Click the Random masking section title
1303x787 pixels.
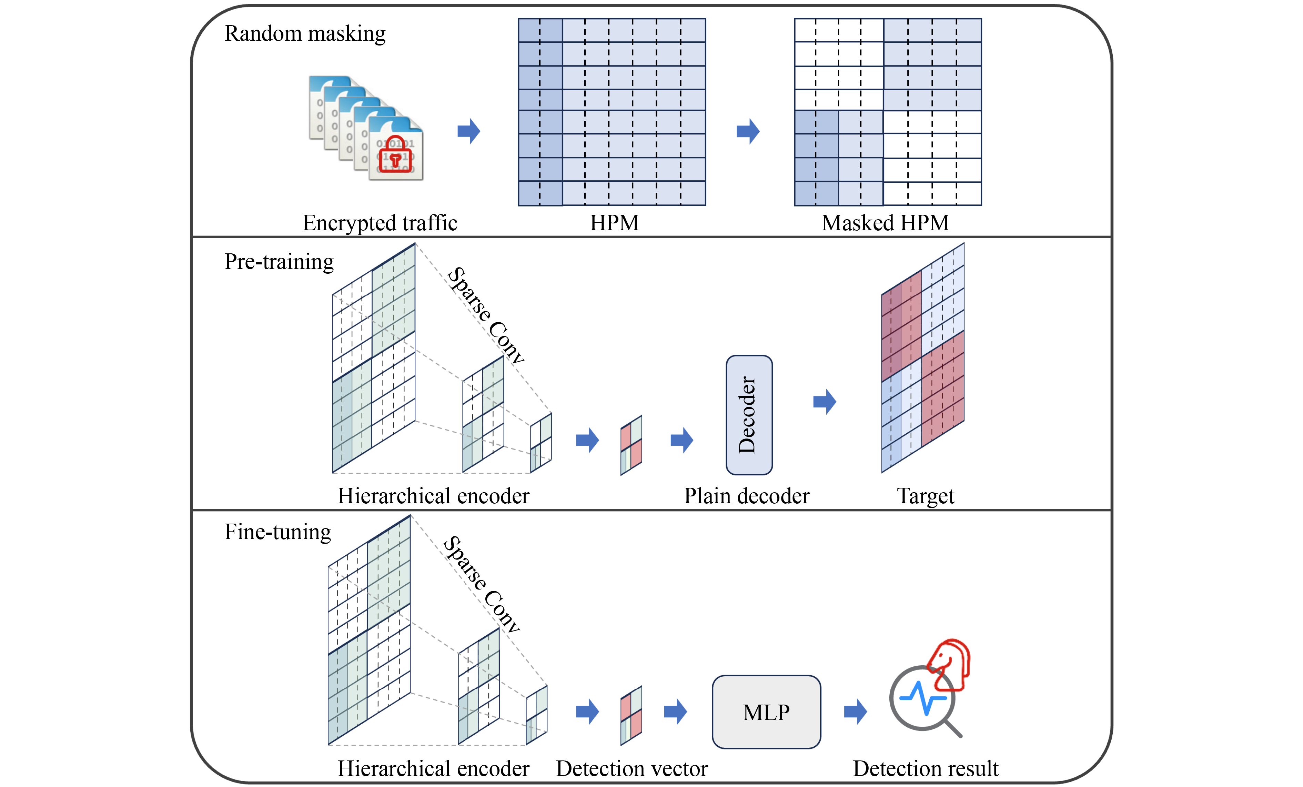305,33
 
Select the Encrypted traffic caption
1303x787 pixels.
380,223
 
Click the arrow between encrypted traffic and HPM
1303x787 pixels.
468,131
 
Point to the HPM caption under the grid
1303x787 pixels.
614,223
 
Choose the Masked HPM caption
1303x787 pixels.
885,223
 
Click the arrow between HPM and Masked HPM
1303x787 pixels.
748,131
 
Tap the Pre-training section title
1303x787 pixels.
279,261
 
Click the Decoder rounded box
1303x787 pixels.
749,415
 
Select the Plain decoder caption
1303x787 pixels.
747,496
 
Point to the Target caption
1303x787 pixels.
926,496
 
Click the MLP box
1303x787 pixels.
766,712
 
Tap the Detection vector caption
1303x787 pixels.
632,768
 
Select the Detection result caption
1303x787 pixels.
926,768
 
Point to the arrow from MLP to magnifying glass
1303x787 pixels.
855,712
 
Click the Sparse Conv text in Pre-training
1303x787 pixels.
485,316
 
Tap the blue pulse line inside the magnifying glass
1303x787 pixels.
923,698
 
